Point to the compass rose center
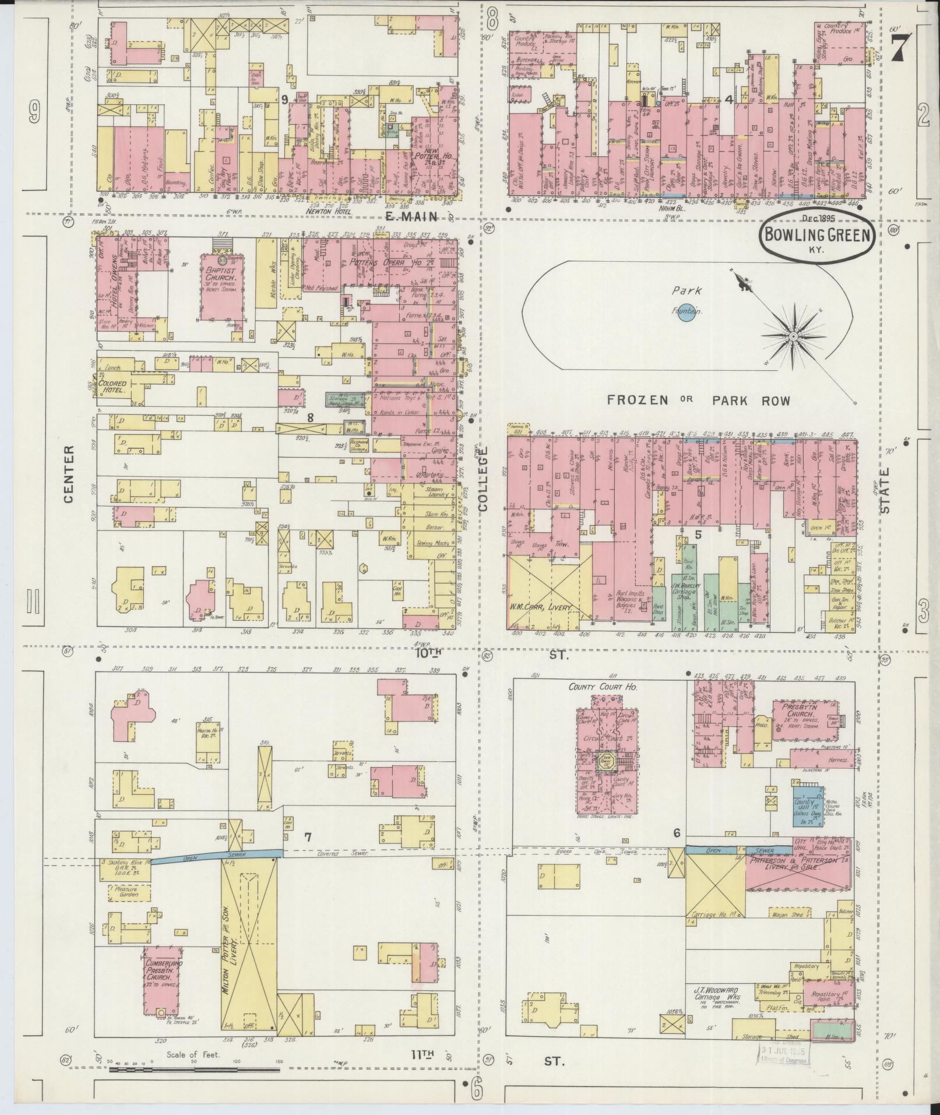point(794,337)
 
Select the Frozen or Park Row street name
point(698,400)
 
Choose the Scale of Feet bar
point(195,1070)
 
